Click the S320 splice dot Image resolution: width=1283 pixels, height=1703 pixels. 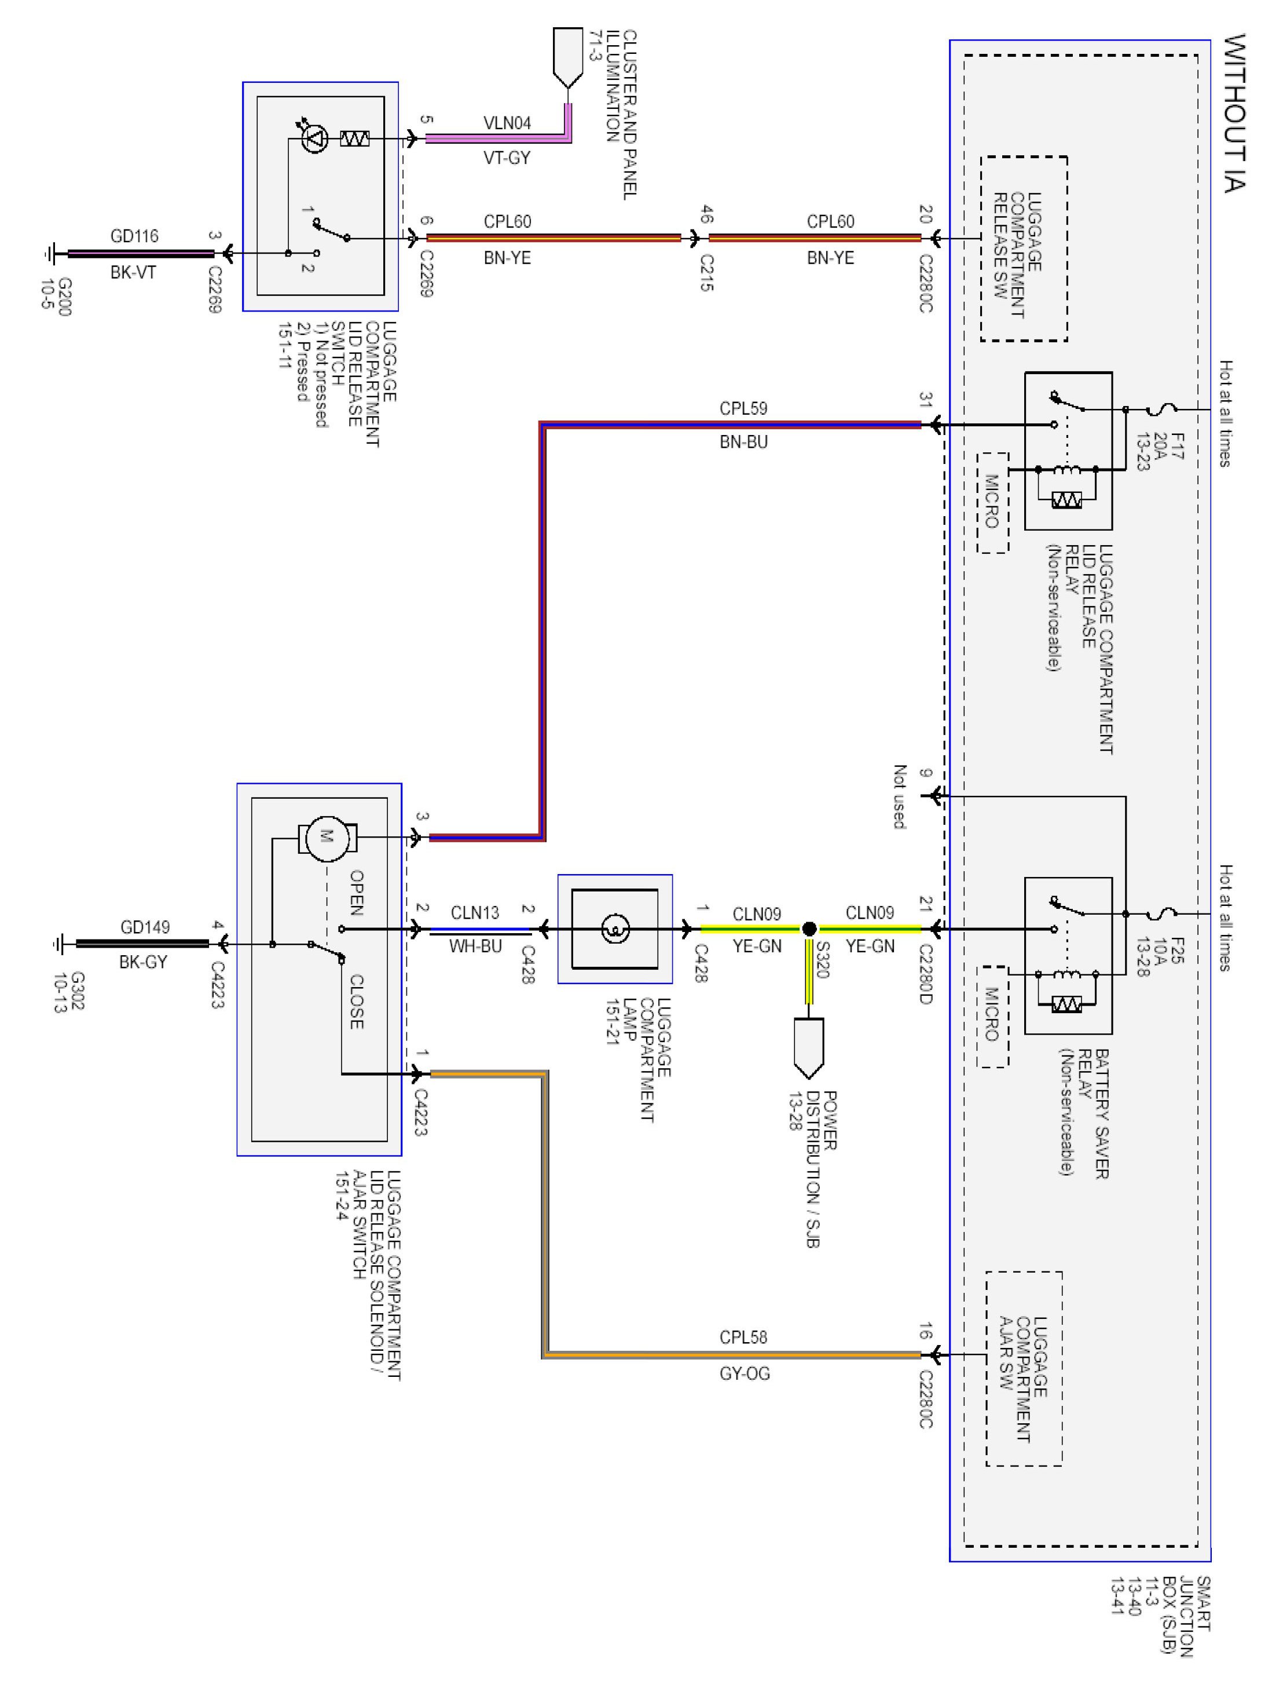coord(809,929)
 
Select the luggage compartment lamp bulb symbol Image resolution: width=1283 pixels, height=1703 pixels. coord(615,929)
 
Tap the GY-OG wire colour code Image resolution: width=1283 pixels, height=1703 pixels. coord(744,1373)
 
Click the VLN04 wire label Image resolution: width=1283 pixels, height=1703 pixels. coord(507,123)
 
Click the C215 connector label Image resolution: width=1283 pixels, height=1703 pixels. coord(706,274)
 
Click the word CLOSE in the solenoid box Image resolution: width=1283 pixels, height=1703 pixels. coord(356,1002)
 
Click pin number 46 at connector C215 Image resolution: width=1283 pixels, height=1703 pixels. coord(706,214)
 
